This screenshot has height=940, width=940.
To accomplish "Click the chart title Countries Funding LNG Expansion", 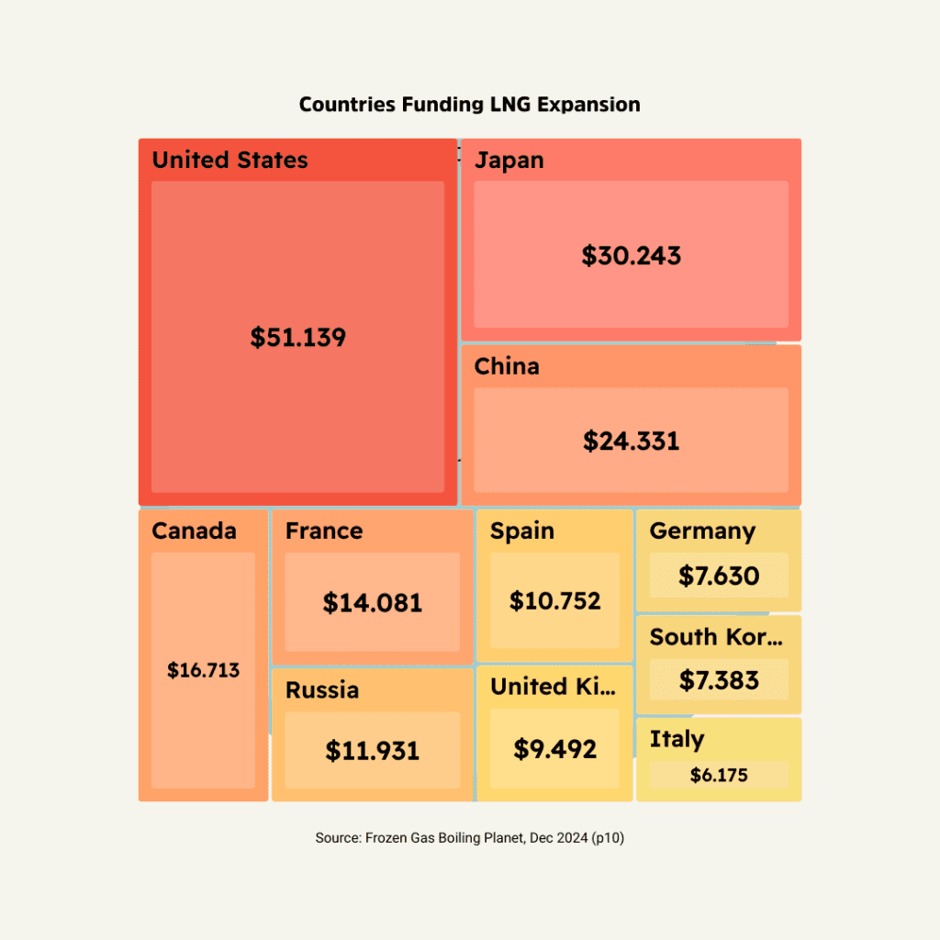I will (x=469, y=105).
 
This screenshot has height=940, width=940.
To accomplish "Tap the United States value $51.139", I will (x=298, y=338).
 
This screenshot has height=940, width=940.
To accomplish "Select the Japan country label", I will (x=509, y=161).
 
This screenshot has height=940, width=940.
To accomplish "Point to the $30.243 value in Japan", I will (x=631, y=255).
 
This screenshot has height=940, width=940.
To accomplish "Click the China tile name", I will (x=507, y=367).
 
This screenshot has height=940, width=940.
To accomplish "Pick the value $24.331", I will (x=631, y=441).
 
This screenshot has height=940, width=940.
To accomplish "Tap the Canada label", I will (x=194, y=532).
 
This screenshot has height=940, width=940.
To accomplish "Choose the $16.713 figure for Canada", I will (x=203, y=671).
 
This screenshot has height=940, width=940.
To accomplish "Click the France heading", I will (x=323, y=532).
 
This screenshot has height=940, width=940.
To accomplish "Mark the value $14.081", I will (x=372, y=603).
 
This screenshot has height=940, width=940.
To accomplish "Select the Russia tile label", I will (x=321, y=690).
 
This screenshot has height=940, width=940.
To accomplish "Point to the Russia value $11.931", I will (x=372, y=751).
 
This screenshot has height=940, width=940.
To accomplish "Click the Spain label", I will (x=521, y=532).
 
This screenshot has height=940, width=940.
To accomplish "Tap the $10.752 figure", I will (x=554, y=601).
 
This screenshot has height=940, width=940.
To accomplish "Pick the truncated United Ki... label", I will (x=554, y=687).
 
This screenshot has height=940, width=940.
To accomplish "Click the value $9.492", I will (x=554, y=750).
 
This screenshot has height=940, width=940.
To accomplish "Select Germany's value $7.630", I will (x=719, y=576).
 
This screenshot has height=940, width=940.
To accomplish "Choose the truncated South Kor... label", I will (x=716, y=637).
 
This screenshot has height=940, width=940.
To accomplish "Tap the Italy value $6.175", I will (x=719, y=776).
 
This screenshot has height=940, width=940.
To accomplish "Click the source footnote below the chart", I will (x=469, y=838).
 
